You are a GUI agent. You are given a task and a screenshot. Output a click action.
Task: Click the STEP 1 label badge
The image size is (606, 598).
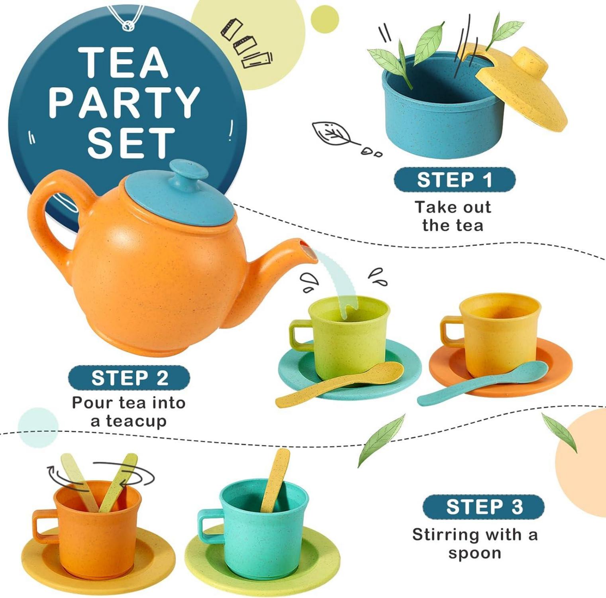(x=455, y=179)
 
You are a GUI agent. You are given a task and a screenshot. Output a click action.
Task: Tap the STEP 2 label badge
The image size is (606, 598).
(x=129, y=378)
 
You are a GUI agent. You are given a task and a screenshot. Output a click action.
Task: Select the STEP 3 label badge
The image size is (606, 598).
(x=483, y=507)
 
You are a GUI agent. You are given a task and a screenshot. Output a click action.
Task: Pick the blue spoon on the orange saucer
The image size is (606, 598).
(x=482, y=383)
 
